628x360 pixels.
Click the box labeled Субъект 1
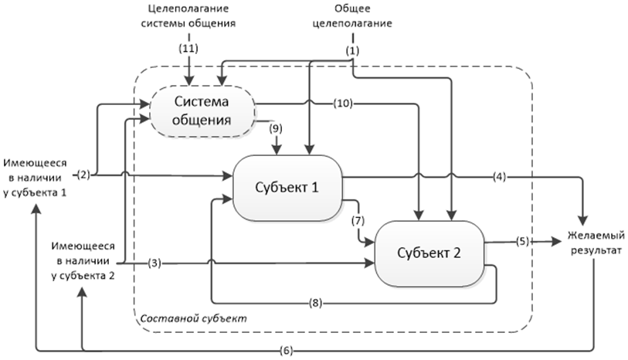287,188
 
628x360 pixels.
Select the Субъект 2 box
429,252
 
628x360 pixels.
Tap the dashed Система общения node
202,112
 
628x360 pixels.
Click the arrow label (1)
352,50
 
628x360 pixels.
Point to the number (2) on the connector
84,175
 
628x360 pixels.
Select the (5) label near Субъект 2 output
523,241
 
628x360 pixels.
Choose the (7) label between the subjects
357,221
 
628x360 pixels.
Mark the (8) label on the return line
314,302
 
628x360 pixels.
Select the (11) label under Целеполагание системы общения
188,49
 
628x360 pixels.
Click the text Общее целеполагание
351,16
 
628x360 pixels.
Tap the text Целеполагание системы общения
189,16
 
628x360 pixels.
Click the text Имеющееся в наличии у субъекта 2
84,262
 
